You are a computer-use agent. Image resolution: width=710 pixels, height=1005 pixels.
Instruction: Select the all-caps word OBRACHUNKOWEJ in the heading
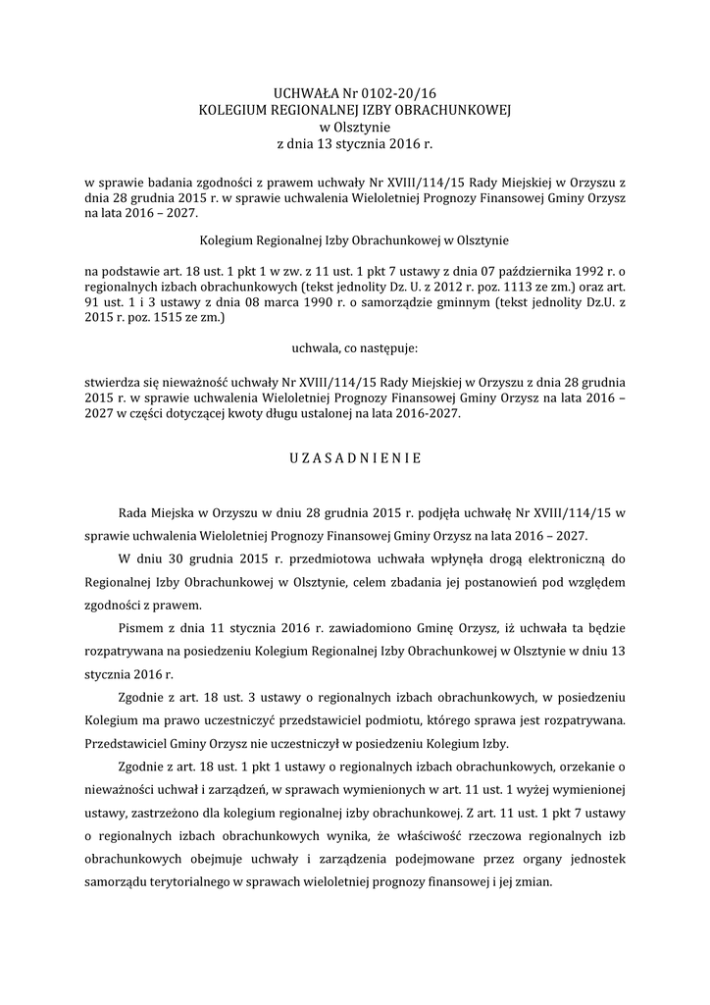[x=445, y=109]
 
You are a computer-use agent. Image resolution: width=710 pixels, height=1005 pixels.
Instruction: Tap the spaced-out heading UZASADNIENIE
[x=355, y=457]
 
